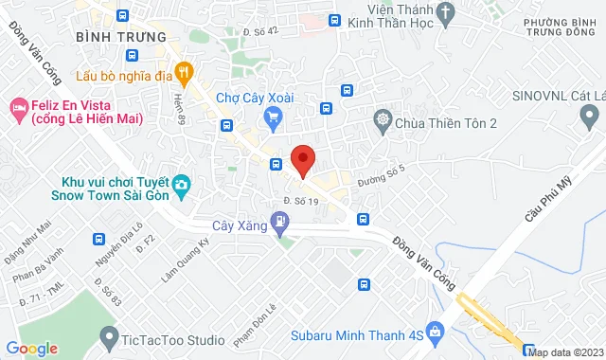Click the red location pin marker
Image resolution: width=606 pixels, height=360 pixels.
(x=302, y=159)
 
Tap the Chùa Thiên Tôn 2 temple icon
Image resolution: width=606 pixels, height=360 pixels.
(x=382, y=120)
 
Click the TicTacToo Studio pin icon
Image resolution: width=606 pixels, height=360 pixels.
(x=111, y=335)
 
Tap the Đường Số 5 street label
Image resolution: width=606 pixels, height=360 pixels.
(x=382, y=170)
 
